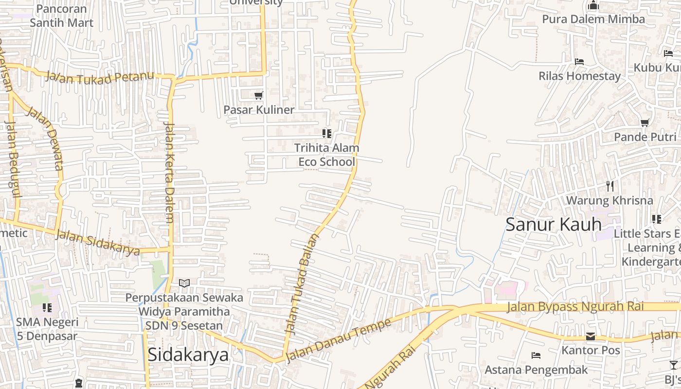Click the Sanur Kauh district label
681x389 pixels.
tap(554, 224)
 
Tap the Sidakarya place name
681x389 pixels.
tap(188, 354)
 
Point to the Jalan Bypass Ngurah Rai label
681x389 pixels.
tap(575, 306)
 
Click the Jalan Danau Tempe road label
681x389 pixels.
tap(338, 340)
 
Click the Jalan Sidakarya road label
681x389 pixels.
tap(98, 242)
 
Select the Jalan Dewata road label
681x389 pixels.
tap(45, 138)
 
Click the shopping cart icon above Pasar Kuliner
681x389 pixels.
tap(259, 96)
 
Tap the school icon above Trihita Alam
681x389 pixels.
tap(327, 133)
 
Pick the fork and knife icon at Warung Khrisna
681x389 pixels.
tap(610, 186)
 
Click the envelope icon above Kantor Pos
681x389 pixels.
tap(591, 336)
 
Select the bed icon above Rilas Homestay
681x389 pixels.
tap(579, 62)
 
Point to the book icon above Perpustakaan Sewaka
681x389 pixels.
tap(184, 283)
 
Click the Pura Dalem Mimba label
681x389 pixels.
tap(593, 19)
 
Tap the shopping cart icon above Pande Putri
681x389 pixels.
tap(645, 123)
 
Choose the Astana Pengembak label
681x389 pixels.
tap(536, 370)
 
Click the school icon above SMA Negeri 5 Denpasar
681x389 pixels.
tap(47, 307)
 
